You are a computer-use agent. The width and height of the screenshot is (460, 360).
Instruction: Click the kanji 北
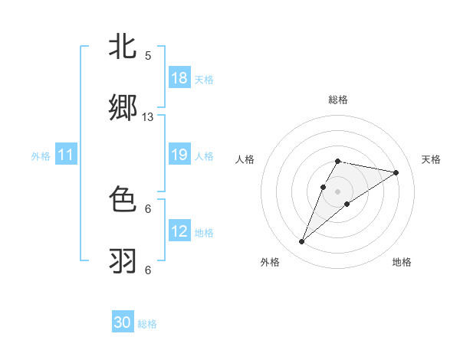[x=123, y=47]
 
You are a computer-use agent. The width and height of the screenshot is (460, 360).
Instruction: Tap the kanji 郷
[x=123, y=109]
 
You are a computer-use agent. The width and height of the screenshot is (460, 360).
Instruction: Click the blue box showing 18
[x=179, y=78]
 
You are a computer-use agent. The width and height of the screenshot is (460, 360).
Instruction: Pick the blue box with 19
[x=179, y=155]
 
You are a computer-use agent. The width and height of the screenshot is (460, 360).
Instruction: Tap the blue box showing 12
[x=179, y=231]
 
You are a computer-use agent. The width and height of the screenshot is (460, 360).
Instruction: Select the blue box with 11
[x=66, y=155]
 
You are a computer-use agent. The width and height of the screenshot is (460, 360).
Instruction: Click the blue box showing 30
[x=123, y=322]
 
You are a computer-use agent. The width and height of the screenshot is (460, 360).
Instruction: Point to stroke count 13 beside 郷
[x=148, y=117]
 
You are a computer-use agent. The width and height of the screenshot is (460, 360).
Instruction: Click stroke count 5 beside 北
[x=148, y=56]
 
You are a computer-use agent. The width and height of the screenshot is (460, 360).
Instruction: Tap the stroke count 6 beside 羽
[x=148, y=270]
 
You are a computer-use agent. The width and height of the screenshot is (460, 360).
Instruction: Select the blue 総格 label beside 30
[x=147, y=323]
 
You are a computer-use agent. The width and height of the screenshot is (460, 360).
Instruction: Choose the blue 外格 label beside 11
[x=41, y=156]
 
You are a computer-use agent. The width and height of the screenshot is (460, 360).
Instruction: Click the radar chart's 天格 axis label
[x=432, y=159]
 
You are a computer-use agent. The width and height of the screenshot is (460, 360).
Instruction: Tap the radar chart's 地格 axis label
[x=402, y=262]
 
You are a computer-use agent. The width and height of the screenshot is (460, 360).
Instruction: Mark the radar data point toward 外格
[x=302, y=242]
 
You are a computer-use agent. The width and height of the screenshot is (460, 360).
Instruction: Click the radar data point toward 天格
[x=396, y=172]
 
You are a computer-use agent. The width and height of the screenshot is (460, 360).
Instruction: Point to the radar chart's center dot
[x=337, y=191]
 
